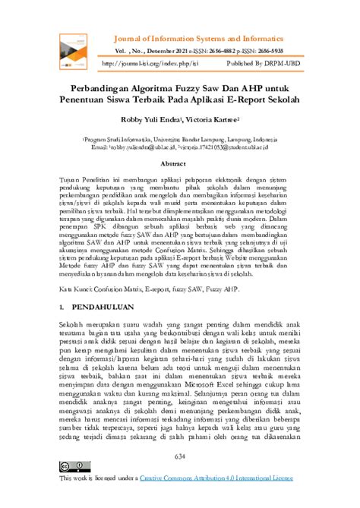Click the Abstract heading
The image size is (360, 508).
[179, 163]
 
